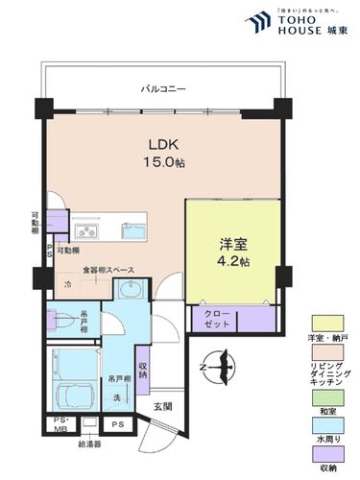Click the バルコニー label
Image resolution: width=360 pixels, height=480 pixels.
coord(163,89)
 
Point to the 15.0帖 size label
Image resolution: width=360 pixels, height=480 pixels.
coord(166,162)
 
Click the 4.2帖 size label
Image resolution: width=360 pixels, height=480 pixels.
coord(231,261)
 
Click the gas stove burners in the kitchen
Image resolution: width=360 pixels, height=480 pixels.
coord(86,230)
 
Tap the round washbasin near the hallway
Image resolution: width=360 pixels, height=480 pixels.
coord(132,292)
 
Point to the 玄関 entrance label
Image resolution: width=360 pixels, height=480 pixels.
coord(161,407)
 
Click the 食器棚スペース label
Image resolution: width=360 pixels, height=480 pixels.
coord(108,271)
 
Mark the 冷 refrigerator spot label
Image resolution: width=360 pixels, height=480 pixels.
coord(67,285)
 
